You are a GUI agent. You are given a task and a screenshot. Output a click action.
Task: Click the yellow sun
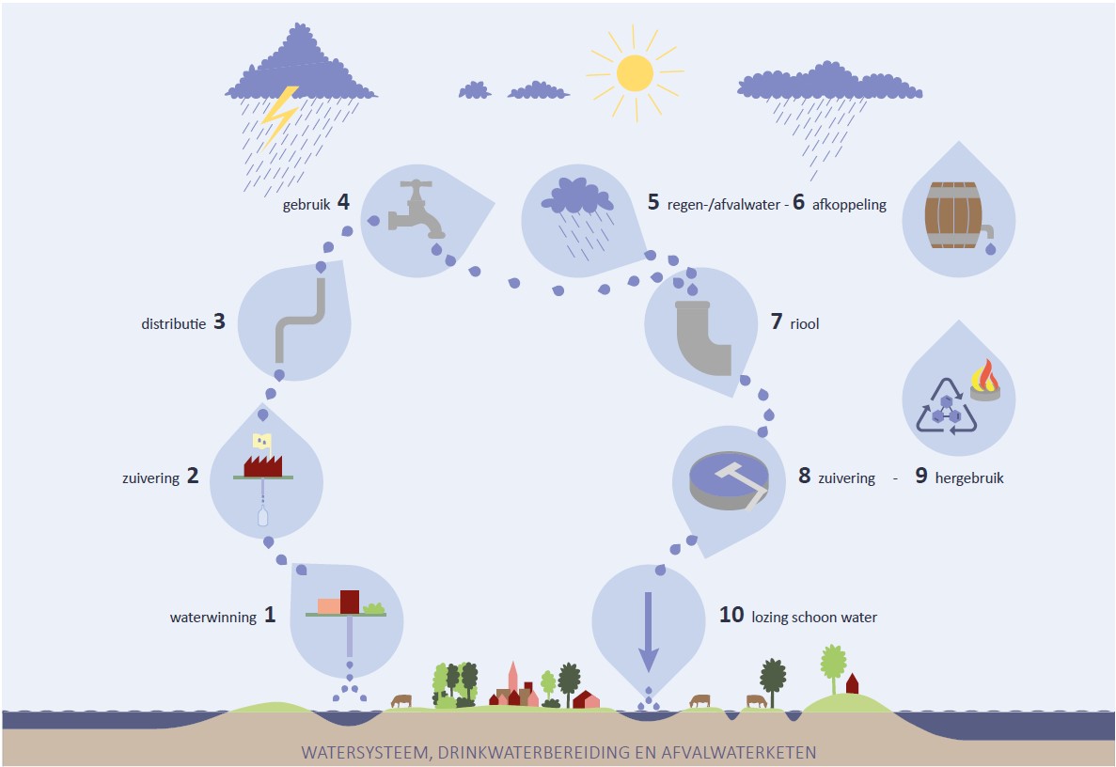(635, 72)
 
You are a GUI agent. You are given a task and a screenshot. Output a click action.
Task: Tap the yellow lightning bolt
(279, 114)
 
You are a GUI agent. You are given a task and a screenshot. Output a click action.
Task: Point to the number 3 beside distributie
(219, 321)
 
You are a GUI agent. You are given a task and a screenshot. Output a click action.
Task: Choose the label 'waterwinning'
(212, 618)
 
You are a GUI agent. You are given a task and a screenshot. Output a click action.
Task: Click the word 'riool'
(806, 323)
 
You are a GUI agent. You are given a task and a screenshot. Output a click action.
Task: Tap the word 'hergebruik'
(969, 477)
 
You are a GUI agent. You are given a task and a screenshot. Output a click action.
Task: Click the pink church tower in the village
(512, 678)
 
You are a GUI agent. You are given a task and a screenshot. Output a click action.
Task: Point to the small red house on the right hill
(853, 682)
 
